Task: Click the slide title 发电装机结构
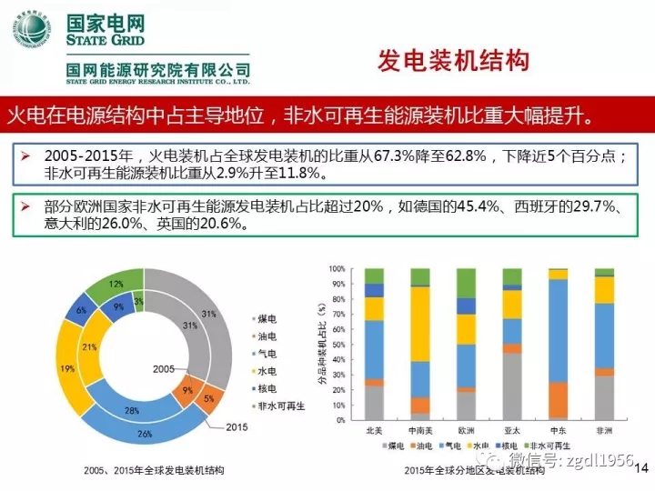click(x=452, y=61)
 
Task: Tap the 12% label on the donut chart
click(x=116, y=284)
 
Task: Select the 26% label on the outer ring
click(x=144, y=434)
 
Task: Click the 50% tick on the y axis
click(x=338, y=346)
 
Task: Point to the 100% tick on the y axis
click(x=337, y=269)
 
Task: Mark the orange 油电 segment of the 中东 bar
click(x=558, y=400)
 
